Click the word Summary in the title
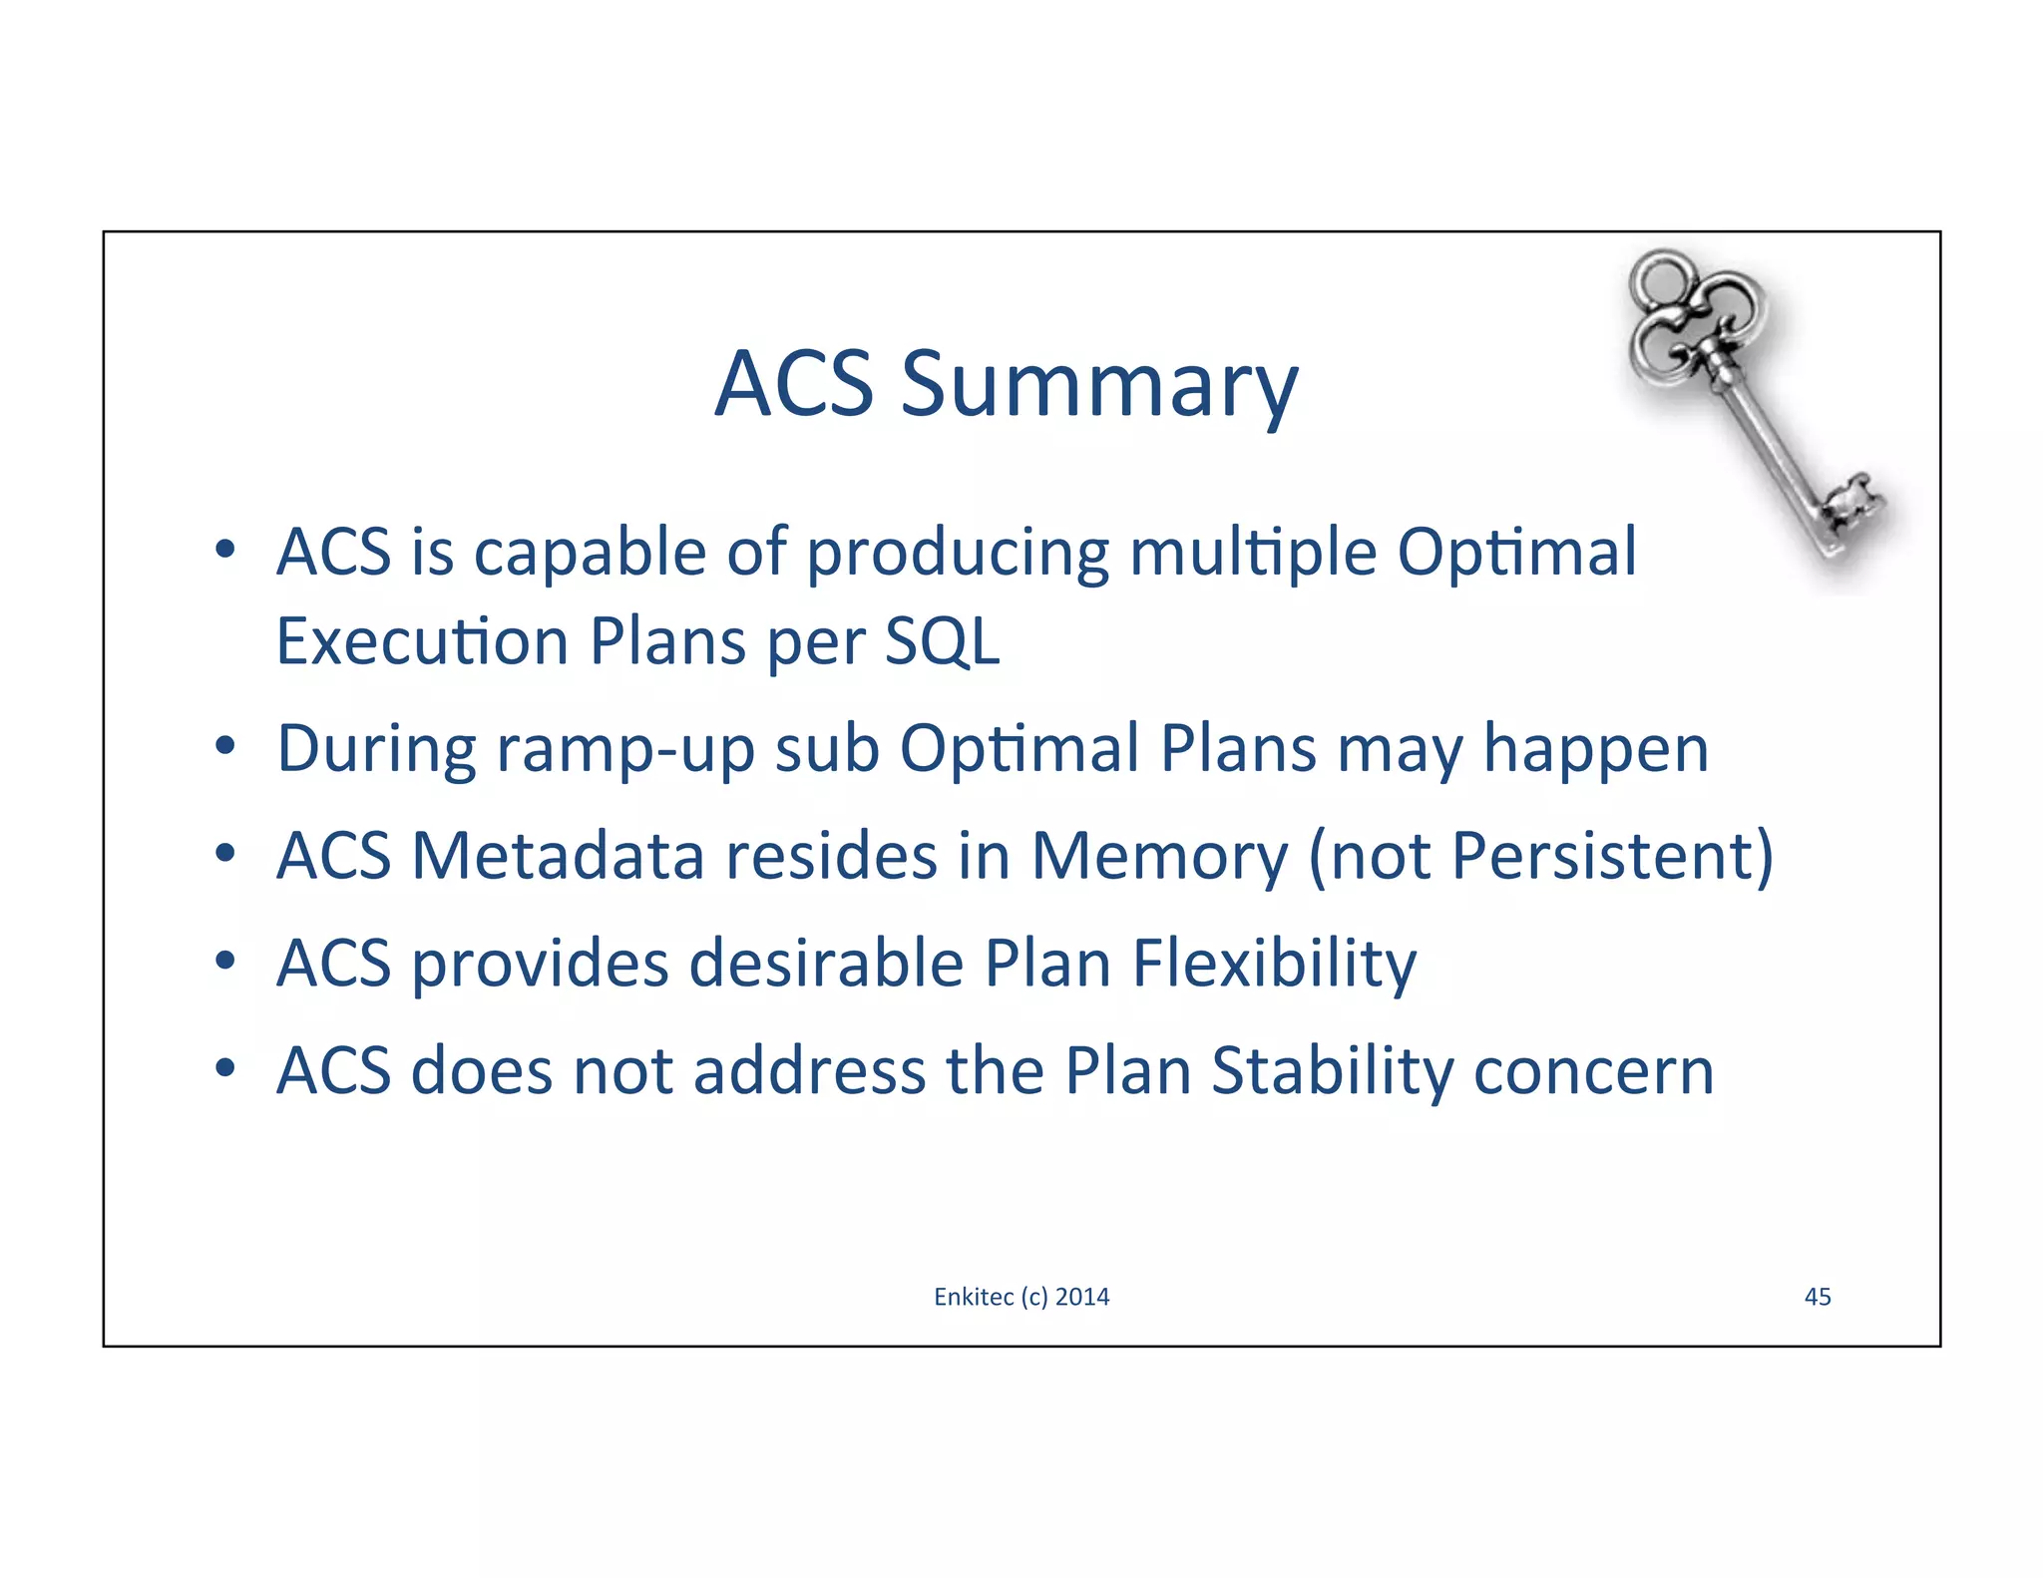pos(1099,385)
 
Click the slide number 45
pos(1818,1297)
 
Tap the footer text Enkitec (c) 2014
pos(1021,1297)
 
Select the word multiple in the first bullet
pos(1252,553)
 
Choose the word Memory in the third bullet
pos(1159,857)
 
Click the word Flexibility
pos(1274,965)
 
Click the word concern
pos(1593,1072)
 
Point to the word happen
pos(1595,750)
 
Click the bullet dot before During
pos(225,745)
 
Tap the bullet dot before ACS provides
pos(225,961)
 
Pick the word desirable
pos(826,965)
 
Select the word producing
pos(957,553)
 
